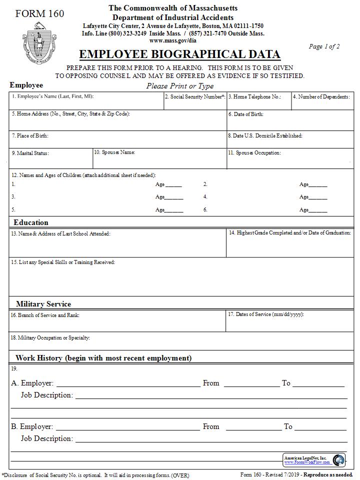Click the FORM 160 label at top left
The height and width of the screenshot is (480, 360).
[x=39, y=13]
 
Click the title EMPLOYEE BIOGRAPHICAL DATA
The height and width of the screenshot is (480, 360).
[x=179, y=54]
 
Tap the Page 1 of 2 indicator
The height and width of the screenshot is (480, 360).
[x=324, y=46]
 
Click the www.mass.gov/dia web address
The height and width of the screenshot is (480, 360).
[x=172, y=40]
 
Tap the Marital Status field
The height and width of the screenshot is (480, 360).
[x=50, y=159]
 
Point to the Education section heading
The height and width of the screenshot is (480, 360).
[x=31, y=222]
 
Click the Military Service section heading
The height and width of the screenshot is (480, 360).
[x=43, y=304]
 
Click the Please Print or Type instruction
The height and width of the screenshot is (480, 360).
[x=180, y=86]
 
